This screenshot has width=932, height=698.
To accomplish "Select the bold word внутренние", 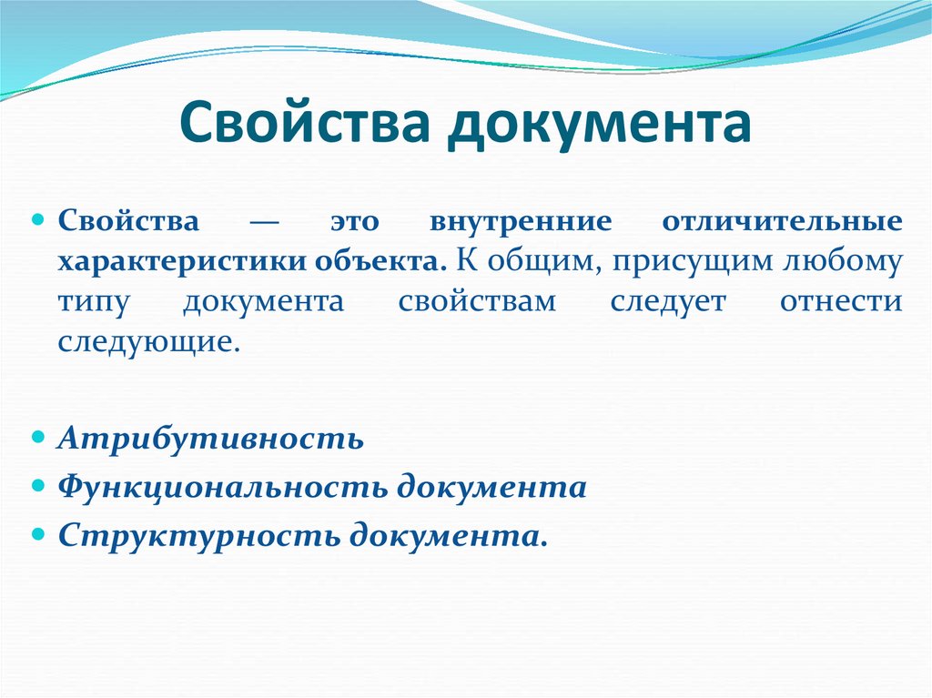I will coord(520,222).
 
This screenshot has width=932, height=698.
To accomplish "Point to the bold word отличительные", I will coord(782,222).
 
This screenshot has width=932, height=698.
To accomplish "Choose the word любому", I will coord(844,262).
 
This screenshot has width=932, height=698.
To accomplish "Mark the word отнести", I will coord(840,302).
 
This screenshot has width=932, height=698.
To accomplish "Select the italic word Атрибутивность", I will coord(211,439).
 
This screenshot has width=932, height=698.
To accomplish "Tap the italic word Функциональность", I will coord(223,487).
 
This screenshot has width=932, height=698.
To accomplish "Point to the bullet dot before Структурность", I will coord(39,533).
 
